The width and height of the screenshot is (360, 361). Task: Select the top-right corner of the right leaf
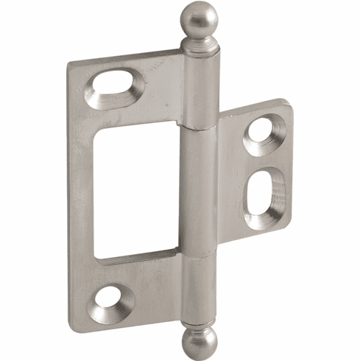click(290, 102)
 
